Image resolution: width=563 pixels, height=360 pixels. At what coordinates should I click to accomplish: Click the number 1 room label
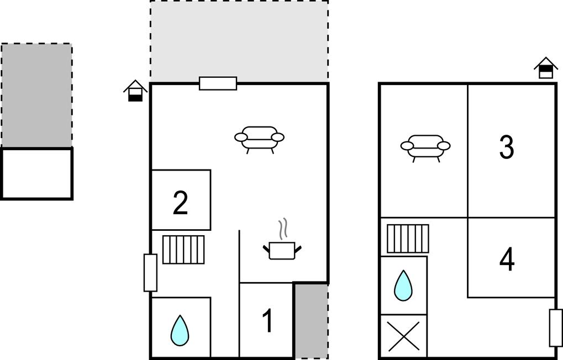[268, 320]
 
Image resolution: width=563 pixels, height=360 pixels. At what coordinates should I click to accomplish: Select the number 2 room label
[180, 203]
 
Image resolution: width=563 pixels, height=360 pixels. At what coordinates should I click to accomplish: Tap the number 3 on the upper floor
[507, 147]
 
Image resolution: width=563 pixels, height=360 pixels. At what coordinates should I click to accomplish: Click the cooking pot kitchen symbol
[282, 251]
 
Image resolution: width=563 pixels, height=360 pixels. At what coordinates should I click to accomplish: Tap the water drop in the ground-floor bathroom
[180, 331]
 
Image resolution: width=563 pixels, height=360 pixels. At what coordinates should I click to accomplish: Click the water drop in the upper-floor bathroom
[403, 285]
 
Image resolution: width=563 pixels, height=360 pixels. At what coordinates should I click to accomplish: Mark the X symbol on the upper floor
[404, 336]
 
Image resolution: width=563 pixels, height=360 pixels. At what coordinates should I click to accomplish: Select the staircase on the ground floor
[183, 250]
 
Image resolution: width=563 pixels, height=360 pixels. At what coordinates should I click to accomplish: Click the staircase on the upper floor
[408, 239]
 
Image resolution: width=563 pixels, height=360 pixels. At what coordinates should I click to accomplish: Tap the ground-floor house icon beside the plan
[135, 91]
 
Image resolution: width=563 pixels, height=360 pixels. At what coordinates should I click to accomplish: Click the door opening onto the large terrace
[218, 83]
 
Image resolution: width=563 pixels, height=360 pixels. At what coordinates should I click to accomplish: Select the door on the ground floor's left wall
[150, 273]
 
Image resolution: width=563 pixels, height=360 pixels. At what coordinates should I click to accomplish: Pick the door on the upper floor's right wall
[556, 327]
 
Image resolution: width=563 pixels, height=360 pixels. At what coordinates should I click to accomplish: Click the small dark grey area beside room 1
[311, 320]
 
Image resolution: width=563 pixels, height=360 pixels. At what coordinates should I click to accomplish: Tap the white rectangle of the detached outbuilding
[36, 174]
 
